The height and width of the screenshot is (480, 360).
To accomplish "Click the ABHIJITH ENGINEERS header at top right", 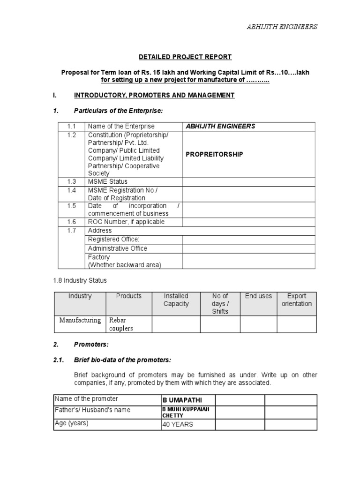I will [x=282, y=27].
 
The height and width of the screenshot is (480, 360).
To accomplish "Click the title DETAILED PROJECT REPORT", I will [x=185, y=57].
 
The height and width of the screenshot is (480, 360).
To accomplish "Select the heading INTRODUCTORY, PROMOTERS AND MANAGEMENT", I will [x=154, y=95].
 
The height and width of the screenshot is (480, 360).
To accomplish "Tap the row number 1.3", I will [x=71, y=181].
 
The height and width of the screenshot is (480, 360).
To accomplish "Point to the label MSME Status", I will [x=107, y=181].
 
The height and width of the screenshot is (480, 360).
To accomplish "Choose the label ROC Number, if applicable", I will [x=126, y=222].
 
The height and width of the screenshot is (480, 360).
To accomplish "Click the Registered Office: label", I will [x=113, y=240].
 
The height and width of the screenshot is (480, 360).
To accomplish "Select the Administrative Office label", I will [x=117, y=248].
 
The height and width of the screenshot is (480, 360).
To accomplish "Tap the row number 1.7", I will [x=71, y=231].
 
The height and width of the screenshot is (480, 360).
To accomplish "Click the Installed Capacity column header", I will [x=176, y=300].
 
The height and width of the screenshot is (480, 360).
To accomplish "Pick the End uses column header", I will [x=258, y=296].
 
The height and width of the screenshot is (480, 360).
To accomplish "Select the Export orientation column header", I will [x=296, y=300].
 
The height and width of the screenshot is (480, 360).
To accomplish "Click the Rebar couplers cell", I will [x=121, y=324].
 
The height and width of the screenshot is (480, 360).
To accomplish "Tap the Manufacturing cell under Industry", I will [x=80, y=321].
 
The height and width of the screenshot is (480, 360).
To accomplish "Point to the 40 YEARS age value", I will [x=178, y=425].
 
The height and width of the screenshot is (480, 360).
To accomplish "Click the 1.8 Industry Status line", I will [x=80, y=280].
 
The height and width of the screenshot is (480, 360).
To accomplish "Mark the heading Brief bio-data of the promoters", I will [x=123, y=360].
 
